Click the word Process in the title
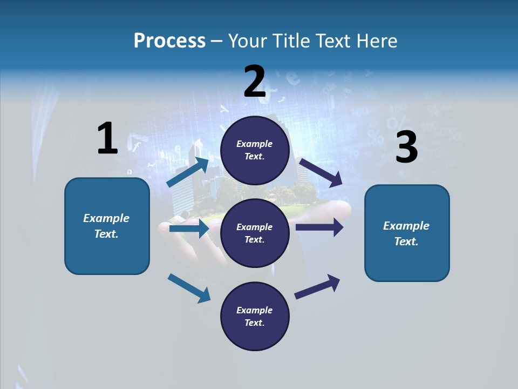(169, 41)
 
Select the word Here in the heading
(376, 41)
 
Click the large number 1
(107, 138)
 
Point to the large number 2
(255, 82)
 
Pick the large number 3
(406, 147)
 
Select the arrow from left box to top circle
(188, 172)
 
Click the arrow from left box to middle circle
(189, 229)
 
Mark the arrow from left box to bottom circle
(189, 288)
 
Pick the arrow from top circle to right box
(321, 173)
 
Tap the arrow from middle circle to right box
(319, 227)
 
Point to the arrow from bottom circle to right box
(317, 286)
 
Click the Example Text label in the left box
(106, 226)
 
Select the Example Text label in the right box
(406, 233)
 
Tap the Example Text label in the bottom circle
(254, 317)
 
